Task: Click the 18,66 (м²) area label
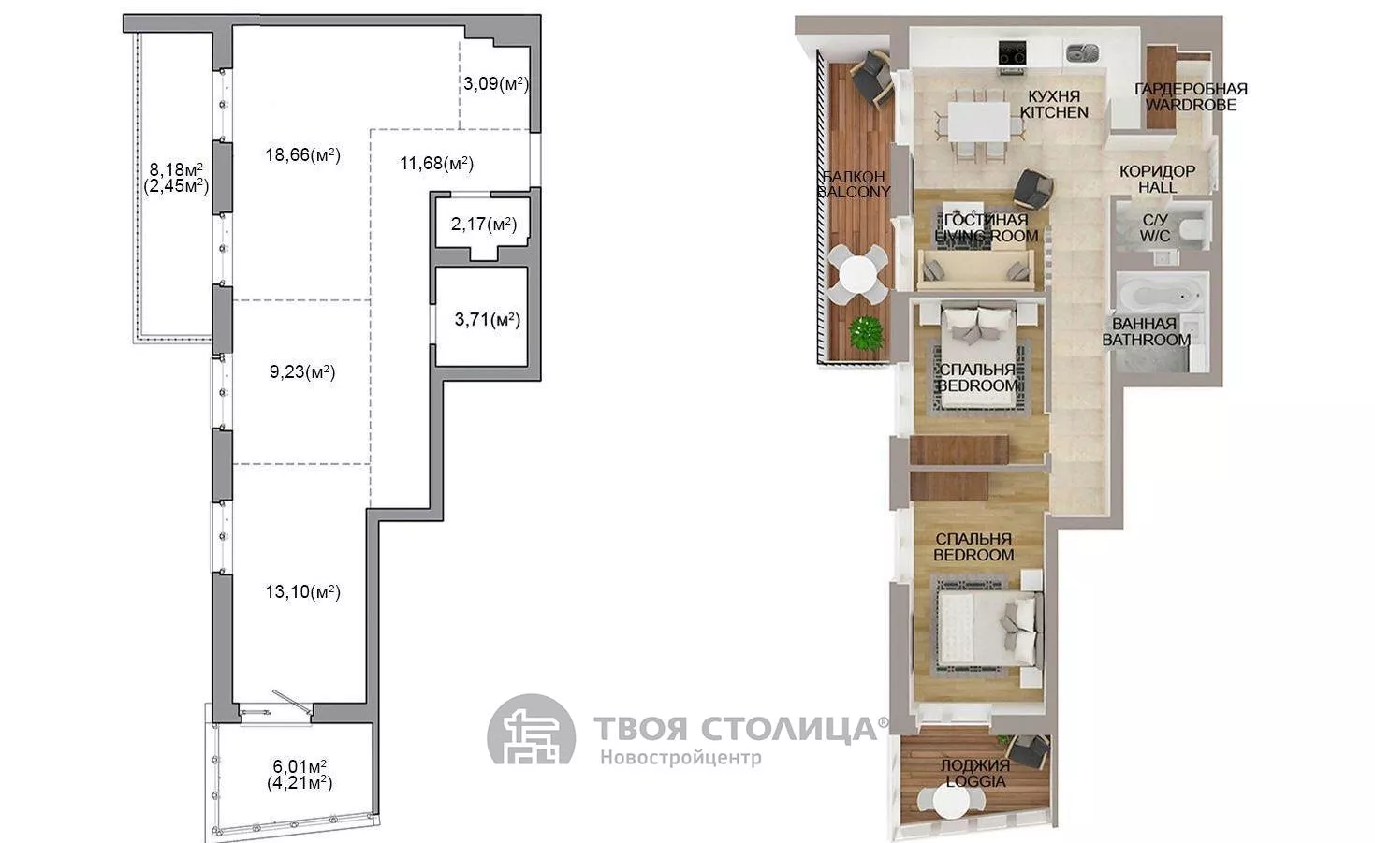[x=302, y=154]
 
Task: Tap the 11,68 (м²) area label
[x=436, y=163]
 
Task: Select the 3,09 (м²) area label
[x=496, y=83]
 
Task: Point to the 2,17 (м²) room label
[x=484, y=224]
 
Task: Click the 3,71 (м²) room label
[x=488, y=319]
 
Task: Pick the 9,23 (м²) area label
[x=302, y=371]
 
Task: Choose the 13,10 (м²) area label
[x=302, y=591]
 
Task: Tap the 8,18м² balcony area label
[x=176, y=169]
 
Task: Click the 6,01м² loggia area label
[x=300, y=766]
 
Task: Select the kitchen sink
[x=1082, y=53]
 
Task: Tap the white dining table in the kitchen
[x=978, y=121]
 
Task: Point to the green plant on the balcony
[x=866, y=332]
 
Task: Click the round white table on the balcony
[x=857, y=273]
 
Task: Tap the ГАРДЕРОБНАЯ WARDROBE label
[x=1191, y=97]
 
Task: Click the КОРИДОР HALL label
[x=1157, y=179]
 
